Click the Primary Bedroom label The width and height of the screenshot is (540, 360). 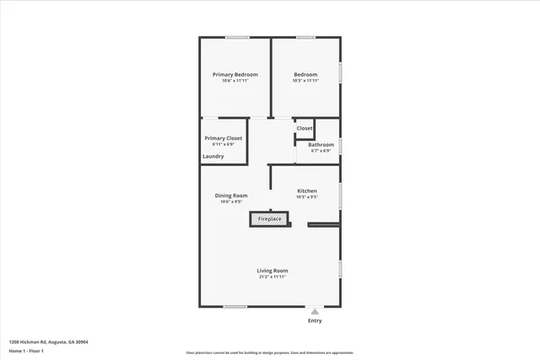(x=235, y=74)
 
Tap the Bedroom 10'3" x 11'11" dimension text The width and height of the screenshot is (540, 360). (x=305, y=81)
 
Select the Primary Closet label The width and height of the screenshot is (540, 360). (x=224, y=137)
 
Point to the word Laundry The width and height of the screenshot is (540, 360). (x=213, y=156)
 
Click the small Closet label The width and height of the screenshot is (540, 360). (x=305, y=128)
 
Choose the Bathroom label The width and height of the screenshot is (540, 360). (x=321, y=144)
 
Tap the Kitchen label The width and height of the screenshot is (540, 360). (x=306, y=191)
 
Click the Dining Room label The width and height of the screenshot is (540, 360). (x=230, y=196)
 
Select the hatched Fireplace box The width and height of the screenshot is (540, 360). (x=269, y=219)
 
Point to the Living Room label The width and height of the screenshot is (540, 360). (x=272, y=271)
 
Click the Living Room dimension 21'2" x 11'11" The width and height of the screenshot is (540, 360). (x=272, y=277)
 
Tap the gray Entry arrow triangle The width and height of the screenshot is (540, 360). (x=315, y=311)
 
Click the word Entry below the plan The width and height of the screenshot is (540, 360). (x=315, y=320)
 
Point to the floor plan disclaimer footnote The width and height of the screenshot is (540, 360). (x=270, y=352)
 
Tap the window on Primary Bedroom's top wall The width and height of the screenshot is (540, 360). (x=237, y=37)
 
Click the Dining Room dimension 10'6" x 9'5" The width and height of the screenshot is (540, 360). (x=230, y=202)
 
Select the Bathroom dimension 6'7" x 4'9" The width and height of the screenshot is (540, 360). (x=321, y=151)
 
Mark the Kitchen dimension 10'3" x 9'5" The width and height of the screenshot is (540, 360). (x=306, y=198)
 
